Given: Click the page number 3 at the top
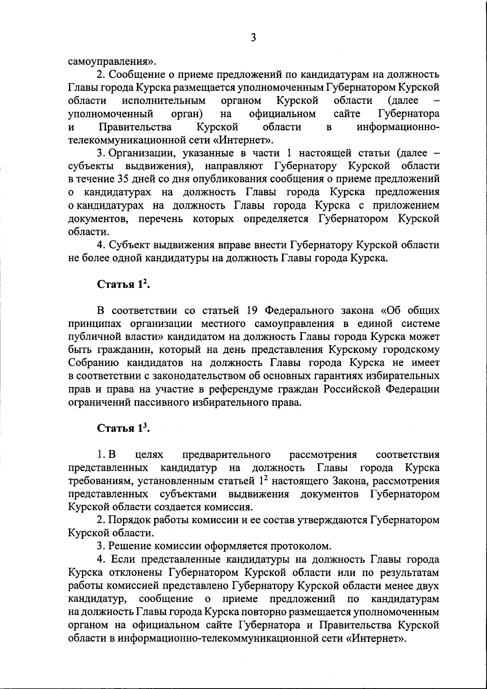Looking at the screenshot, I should click(x=253, y=38).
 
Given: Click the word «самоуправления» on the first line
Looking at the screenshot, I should click(x=110, y=62).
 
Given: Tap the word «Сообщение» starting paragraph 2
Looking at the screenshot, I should click(x=136, y=75).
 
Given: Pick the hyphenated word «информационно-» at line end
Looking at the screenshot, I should click(x=398, y=127).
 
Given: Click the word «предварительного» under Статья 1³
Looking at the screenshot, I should click(x=227, y=455).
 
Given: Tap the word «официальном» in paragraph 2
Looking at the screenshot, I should click(x=282, y=114).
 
